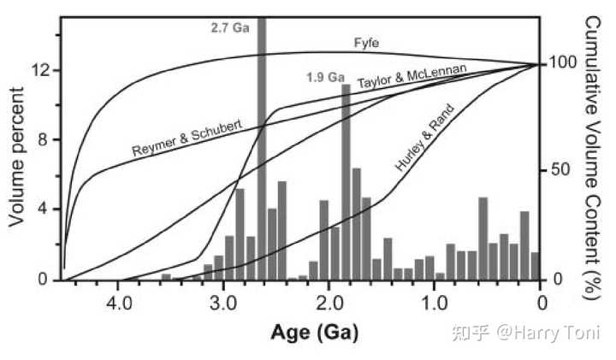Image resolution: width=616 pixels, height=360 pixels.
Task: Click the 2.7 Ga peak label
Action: coord(229,27)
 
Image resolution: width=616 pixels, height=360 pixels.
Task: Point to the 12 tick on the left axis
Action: coord(39,70)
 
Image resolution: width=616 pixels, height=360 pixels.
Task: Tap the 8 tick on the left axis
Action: coord(44,140)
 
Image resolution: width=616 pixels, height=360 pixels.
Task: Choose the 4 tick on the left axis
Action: coord(44,210)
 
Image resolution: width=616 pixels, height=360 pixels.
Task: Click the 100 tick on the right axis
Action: coord(560,63)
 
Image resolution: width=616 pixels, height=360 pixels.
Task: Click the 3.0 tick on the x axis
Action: coord(223,303)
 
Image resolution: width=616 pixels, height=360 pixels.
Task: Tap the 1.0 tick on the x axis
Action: coord(435,303)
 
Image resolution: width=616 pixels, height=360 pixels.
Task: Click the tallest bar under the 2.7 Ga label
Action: coord(262,145)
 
